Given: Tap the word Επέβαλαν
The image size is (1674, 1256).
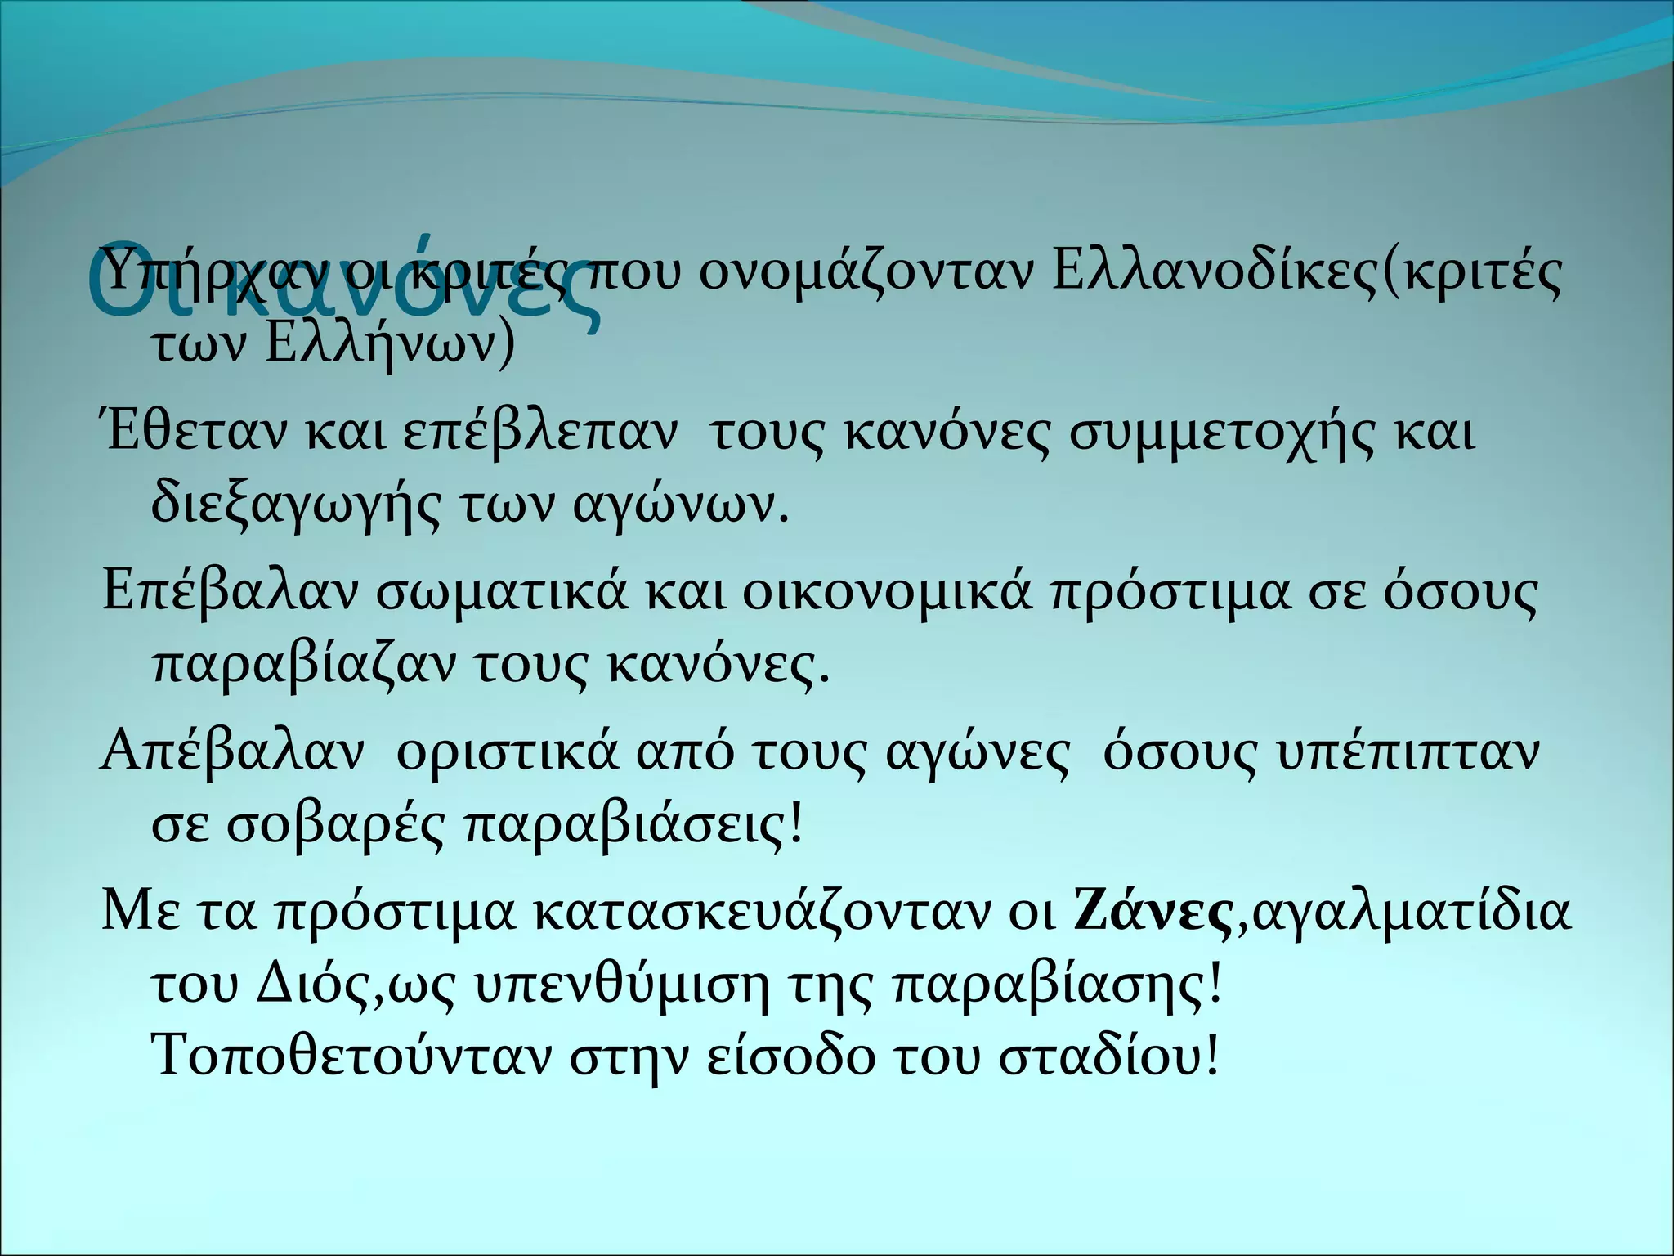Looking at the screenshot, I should (x=229, y=592).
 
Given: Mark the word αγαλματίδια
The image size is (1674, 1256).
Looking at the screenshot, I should (x=1412, y=914).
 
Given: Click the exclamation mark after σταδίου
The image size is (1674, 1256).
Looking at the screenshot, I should (x=1212, y=1058).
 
